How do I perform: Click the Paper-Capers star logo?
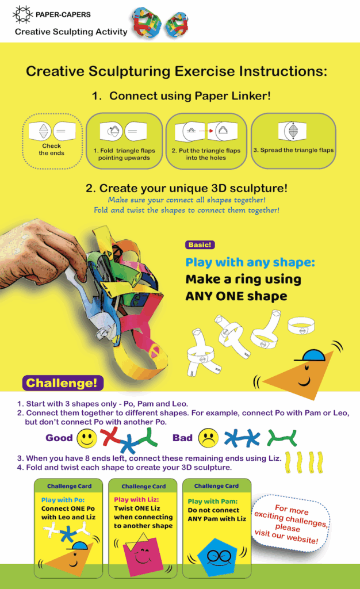tap(22, 14)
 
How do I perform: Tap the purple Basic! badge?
tap(200, 245)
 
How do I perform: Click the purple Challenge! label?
tap(62, 383)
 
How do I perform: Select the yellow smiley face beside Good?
tap(87, 438)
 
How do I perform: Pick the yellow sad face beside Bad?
tap(209, 438)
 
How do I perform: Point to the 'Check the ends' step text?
tap(51, 149)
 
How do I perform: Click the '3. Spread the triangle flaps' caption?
tap(293, 150)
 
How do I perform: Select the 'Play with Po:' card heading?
tap(63, 500)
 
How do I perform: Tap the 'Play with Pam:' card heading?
tap(212, 501)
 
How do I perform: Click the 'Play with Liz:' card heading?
tap(136, 500)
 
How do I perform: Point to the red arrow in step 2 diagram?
tap(206, 131)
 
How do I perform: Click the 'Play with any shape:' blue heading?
tap(250, 262)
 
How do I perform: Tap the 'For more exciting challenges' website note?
tap(290, 524)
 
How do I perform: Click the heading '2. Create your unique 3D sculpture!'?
tap(186, 188)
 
